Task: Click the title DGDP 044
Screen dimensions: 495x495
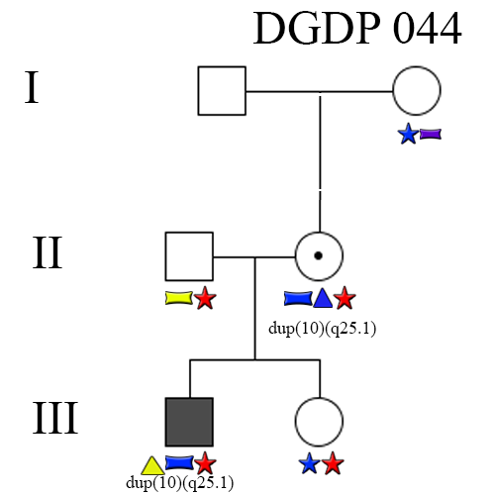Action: pos(357,28)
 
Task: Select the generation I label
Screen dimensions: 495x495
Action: pos(32,87)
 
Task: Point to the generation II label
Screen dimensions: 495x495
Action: pos(48,252)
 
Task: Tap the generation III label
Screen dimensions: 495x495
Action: pos(55,418)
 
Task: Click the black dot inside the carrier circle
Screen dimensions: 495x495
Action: pos(318,255)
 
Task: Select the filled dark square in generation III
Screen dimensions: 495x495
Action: pos(189,422)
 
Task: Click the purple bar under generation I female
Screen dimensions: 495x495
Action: pos(431,134)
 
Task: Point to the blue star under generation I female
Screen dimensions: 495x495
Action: pos(409,134)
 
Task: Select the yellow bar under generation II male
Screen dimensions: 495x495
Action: pos(179,298)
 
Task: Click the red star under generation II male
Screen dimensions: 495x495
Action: pos(205,298)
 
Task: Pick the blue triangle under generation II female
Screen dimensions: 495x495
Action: pos(323,298)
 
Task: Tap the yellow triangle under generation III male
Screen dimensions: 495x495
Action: pos(152,466)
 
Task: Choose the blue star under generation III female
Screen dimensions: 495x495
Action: pos(310,463)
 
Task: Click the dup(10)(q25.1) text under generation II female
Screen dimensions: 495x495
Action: pos(322,329)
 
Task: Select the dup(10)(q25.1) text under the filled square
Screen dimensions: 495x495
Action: pos(180,483)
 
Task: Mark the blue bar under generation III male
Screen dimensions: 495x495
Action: pos(179,462)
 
